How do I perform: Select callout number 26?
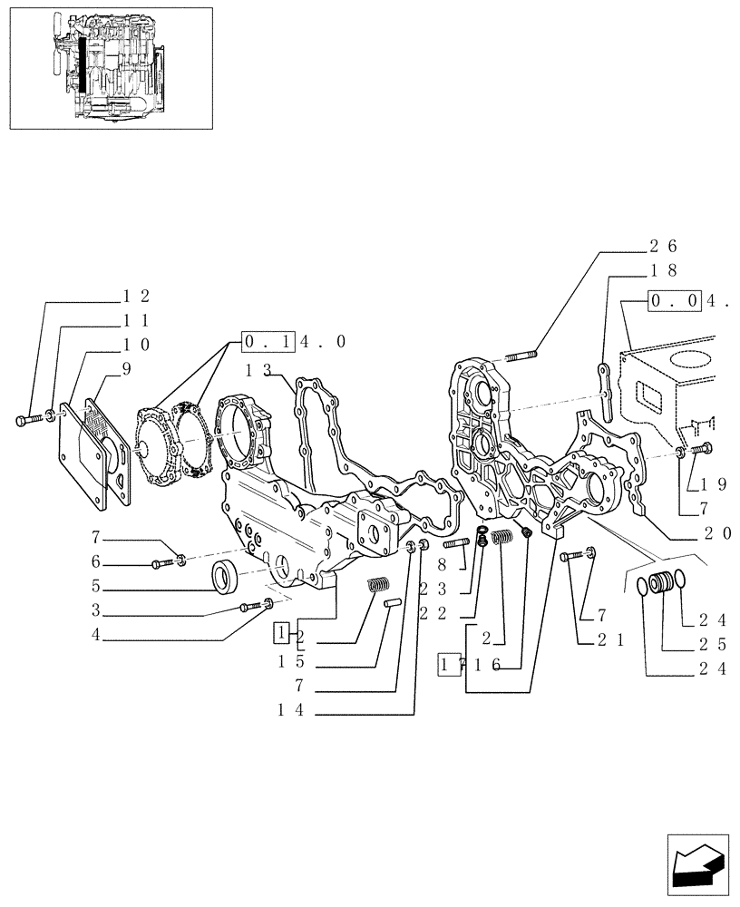663,246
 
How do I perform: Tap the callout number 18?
663,270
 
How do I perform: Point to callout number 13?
258,370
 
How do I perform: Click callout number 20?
716,534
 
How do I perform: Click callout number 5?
95,586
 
